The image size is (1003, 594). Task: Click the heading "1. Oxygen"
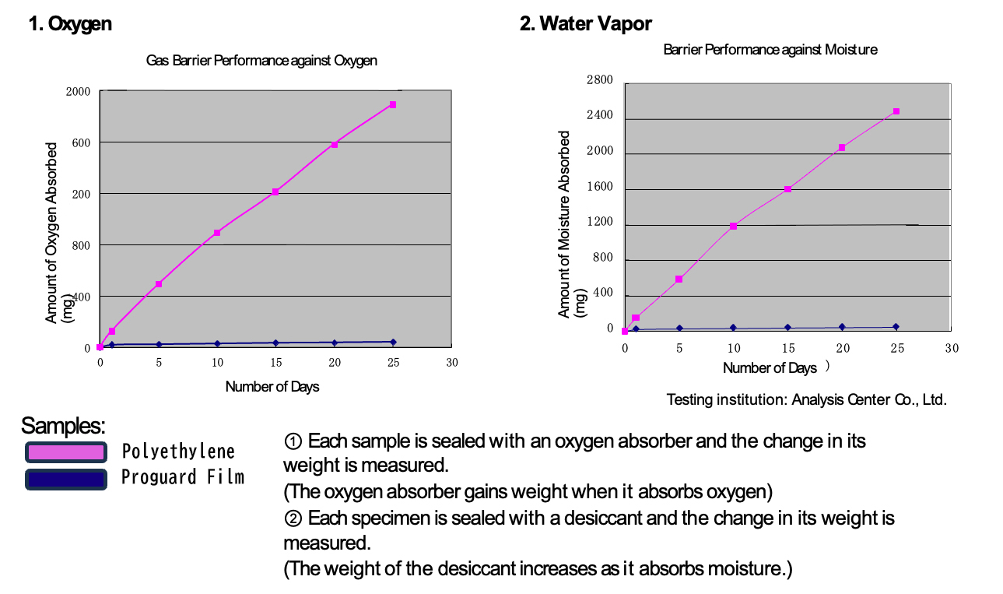70,24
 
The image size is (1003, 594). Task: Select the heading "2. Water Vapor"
585,24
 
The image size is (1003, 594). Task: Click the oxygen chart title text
261,61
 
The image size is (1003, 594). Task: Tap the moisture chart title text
770,50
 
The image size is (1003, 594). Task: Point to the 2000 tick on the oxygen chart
79,92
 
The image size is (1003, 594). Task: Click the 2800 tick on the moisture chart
600,80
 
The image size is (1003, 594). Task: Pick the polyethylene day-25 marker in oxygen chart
393,104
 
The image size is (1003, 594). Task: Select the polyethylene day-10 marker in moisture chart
733,227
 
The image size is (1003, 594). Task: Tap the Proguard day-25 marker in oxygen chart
393,342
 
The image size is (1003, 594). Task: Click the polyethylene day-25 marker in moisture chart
896,111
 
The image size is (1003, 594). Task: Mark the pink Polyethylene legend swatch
65,452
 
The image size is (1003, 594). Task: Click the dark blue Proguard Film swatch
65,478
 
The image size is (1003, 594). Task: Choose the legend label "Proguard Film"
183,477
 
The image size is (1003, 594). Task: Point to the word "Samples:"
63,426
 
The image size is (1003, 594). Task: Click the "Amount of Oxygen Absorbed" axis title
52,232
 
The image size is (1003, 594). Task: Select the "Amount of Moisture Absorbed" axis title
565,223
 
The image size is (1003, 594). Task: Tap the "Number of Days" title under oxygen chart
272,387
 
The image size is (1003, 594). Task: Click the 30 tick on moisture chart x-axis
952,349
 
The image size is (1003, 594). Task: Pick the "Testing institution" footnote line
806,400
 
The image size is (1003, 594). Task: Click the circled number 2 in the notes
293,518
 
